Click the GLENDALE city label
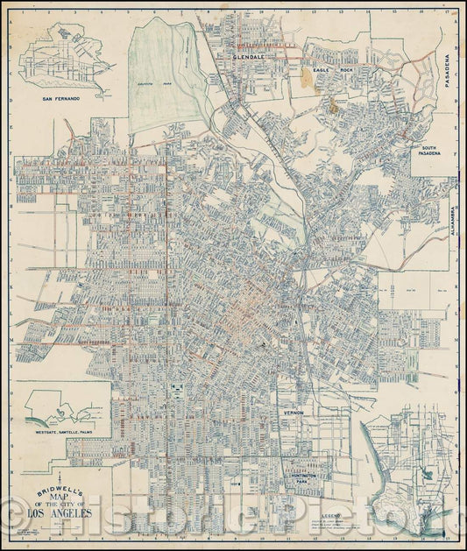(249, 55)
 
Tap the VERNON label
(293, 411)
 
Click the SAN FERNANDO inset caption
(61, 99)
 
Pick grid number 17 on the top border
(448, 11)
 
